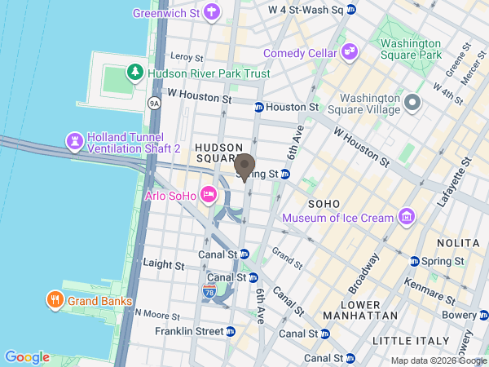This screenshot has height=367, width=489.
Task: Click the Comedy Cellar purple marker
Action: tap(350, 53)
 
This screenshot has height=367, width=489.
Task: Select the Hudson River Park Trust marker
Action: tap(134, 73)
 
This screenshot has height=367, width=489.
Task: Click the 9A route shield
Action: tap(153, 104)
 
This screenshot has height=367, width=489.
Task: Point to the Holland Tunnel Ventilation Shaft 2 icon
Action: tap(75, 142)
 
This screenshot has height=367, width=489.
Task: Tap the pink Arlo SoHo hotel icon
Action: tap(208, 194)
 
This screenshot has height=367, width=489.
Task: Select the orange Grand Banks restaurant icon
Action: tap(55, 299)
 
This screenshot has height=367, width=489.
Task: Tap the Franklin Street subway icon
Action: tap(231, 332)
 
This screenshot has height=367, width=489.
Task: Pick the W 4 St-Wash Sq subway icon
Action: tap(351, 10)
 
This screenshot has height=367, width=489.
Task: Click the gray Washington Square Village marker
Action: tap(412, 104)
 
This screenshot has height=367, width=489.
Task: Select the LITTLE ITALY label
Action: tap(410, 340)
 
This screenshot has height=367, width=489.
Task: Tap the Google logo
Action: tap(27, 357)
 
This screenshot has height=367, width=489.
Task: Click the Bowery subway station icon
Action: tap(483, 315)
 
